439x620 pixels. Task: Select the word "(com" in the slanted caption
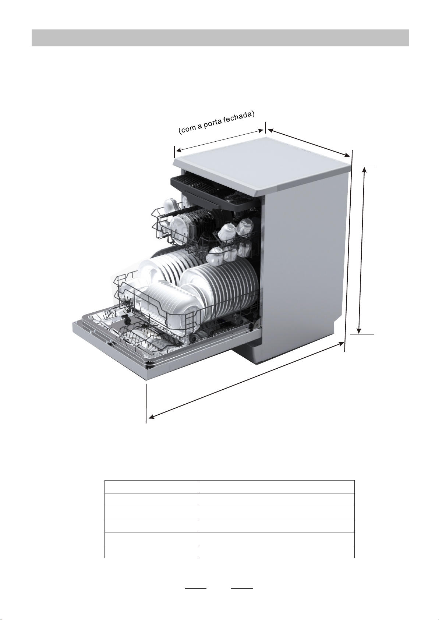(185, 130)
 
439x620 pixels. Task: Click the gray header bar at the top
(220, 38)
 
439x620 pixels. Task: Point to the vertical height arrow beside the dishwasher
(362, 249)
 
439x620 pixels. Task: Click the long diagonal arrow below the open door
(245, 380)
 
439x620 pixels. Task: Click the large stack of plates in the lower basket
(221, 291)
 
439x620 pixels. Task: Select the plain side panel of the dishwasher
(305, 258)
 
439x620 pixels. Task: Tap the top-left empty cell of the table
(152, 486)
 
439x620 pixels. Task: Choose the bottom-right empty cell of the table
(277, 551)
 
